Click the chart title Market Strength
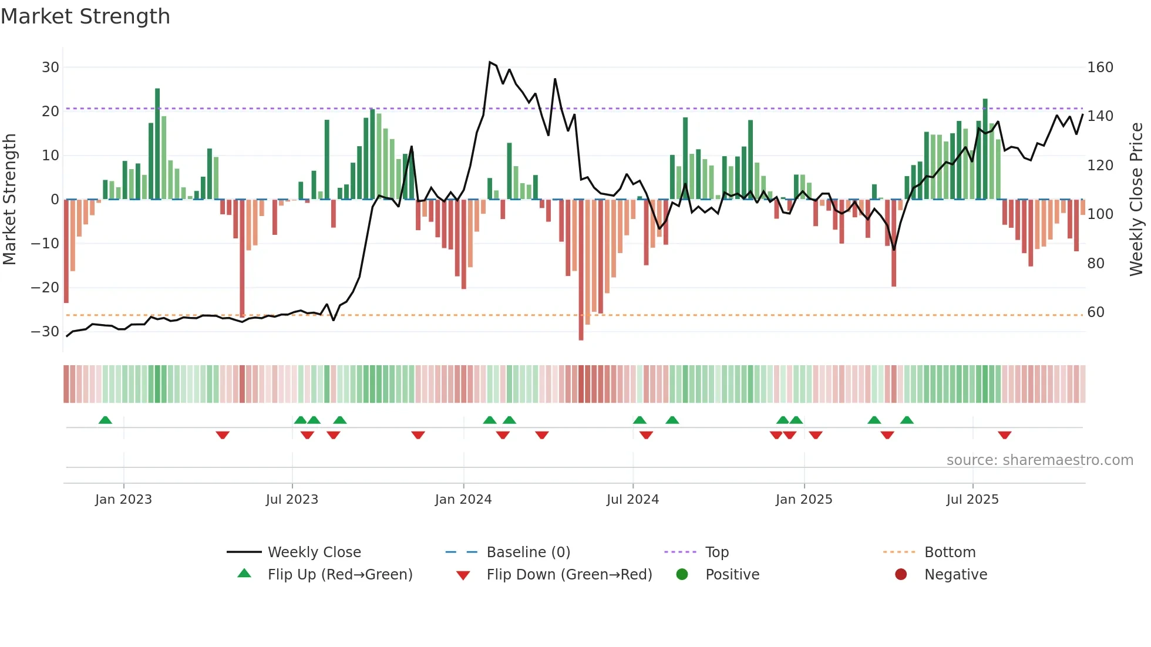(x=85, y=16)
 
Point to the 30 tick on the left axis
(x=51, y=68)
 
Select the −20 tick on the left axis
(x=45, y=288)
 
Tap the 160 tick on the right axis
(x=1100, y=68)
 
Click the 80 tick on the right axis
(x=1096, y=264)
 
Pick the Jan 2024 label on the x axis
(x=463, y=500)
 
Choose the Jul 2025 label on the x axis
(x=972, y=500)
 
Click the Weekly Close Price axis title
(x=1136, y=200)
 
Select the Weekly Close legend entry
(x=314, y=552)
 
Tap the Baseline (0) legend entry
(x=528, y=552)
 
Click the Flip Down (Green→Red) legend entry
(x=569, y=575)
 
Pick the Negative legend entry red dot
(x=901, y=574)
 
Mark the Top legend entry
(x=716, y=552)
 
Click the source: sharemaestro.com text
(x=1039, y=460)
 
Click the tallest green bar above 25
(x=157, y=144)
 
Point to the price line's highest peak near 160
(x=490, y=62)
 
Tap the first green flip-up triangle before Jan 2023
(x=105, y=420)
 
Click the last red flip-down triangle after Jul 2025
(x=1004, y=435)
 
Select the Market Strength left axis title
(x=9, y=200)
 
